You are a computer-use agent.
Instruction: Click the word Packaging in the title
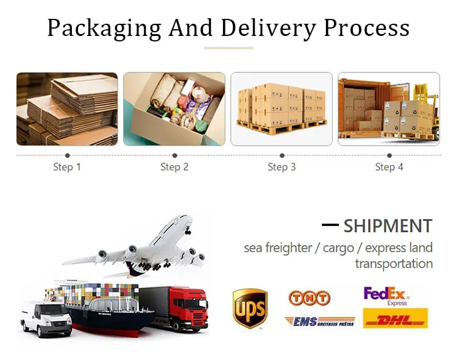pos(104,28)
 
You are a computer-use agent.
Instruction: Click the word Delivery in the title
pos(268,28)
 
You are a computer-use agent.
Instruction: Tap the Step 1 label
pos(67,167)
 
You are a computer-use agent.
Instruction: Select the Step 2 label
pos(174,167)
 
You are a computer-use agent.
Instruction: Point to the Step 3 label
pos(282,167)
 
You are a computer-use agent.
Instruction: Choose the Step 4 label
pos(389,167)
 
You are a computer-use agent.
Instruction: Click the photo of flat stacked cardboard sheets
pos(67,109)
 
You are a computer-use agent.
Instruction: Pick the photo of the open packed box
pos(174,109)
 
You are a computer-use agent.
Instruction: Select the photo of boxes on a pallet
pos(282,109)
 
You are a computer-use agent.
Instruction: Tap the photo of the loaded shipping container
pos(389,109)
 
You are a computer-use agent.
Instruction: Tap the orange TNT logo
pos(310,298)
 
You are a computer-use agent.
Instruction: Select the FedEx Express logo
pos(386,295)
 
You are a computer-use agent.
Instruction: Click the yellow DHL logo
pos(395,319)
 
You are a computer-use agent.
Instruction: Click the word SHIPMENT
pos(388,226)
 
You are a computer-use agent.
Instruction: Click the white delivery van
pos(46,317)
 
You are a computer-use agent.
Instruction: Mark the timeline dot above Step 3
pos(282,155)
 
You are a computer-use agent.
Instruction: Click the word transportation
pos(394,264)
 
